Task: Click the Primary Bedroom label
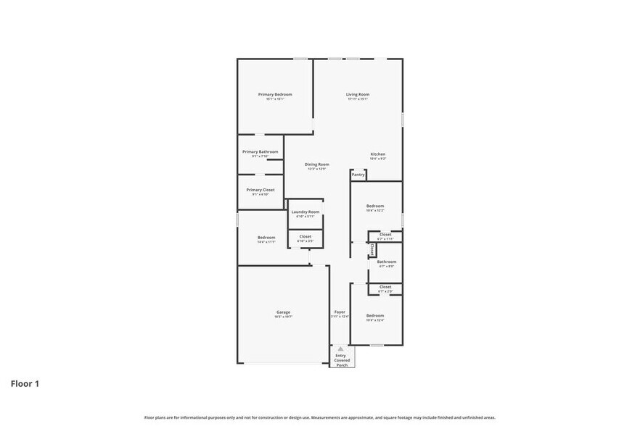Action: [275, 95]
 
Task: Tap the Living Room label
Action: [357, 95]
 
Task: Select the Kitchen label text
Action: [378, 154]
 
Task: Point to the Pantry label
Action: [358, 175]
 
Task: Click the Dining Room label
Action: [316, 164]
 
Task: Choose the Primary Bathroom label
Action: [260, 152]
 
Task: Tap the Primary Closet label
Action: [260, 190]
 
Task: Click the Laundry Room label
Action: [305, 212]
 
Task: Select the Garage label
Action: [282, 312]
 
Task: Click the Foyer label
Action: [340, 312]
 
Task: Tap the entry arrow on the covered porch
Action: [340, 349]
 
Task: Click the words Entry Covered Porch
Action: [341, 360]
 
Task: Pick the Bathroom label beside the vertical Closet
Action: [386, 262]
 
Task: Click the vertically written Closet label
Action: [372, 248]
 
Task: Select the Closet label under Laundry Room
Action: [305, 236]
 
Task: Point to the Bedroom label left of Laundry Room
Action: [266, 238]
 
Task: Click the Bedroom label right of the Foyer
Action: [375, 315]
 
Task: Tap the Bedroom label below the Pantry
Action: [375, 206]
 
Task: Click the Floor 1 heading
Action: [25, 383]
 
